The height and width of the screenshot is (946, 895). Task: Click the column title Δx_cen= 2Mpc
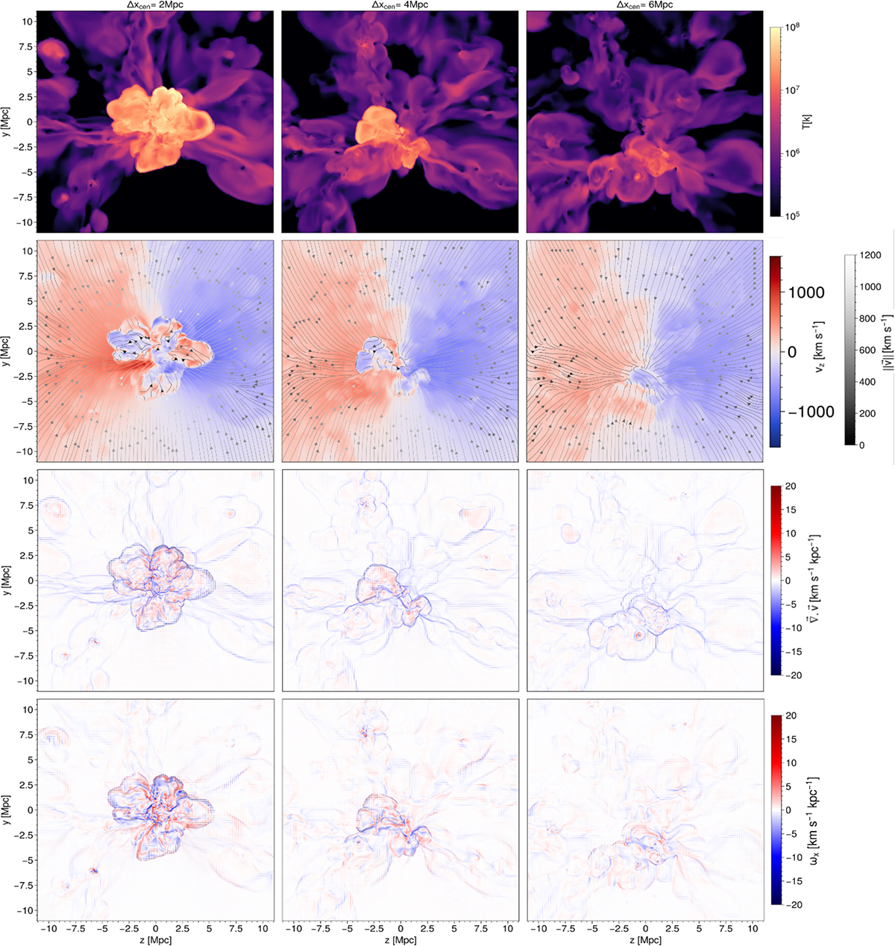pos(155,5)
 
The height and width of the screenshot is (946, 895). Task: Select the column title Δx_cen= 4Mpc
pos(401,5)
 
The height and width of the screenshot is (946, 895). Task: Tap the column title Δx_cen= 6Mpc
pos(645,5)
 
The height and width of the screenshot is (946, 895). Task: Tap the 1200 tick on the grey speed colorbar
pos(870,255)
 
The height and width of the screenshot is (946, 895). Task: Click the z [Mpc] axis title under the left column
pos(155,939)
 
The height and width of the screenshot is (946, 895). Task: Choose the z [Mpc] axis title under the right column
pos(645,939)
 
